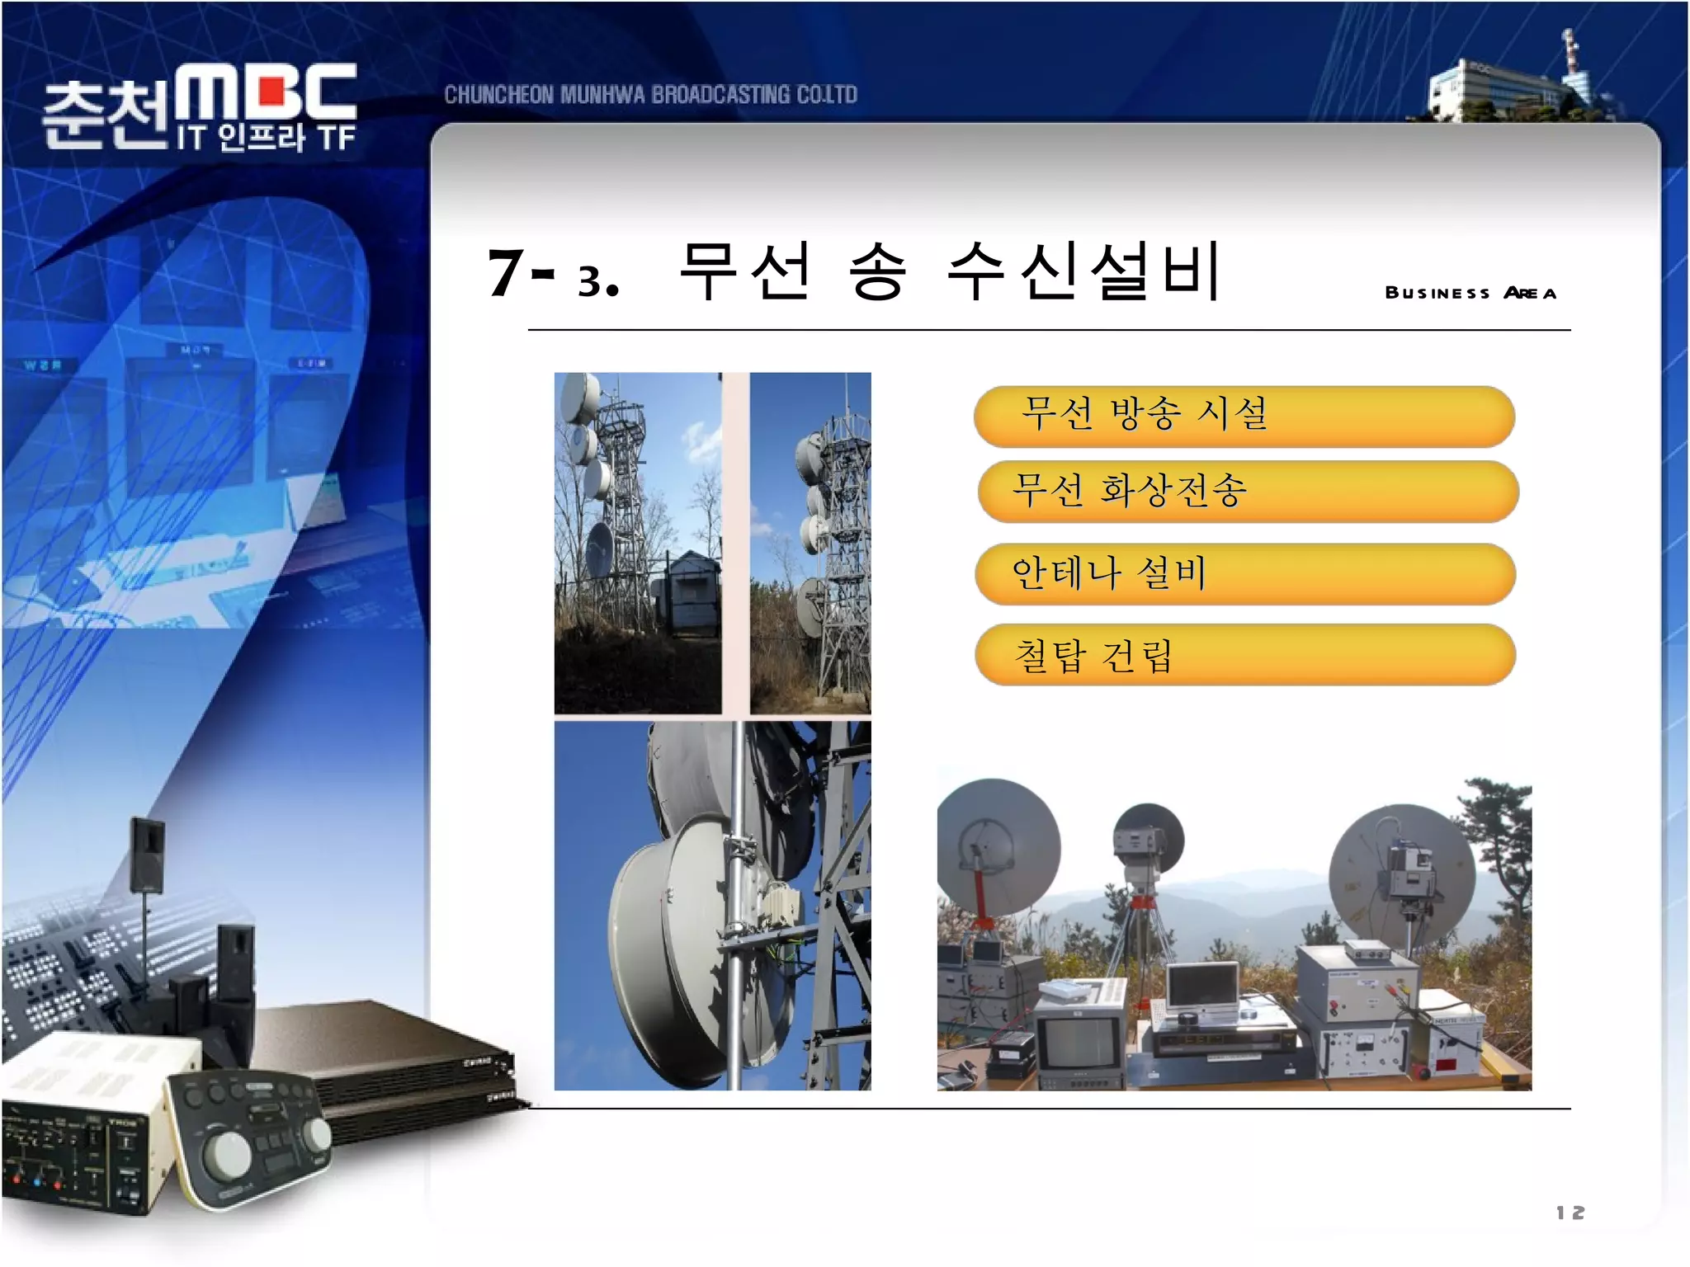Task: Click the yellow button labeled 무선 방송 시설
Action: (x=1244, y=416)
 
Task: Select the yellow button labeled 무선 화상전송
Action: (x=1247, y=492)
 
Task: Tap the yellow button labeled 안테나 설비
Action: (x=1244, y=573)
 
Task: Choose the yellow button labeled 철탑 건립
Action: (x=1244, y=655)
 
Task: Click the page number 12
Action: (x=1570, y=1213)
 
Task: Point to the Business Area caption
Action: (x=1470, y=293)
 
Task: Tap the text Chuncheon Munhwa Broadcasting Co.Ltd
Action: (x=650, y=95)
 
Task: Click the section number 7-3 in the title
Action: (x=552, y=274)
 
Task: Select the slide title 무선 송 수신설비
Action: (x=949, y=272)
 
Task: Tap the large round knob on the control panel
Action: (x=227, y=1153)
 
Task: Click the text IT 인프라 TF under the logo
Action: (x=266, y=138)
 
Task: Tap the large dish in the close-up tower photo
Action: (x=668, y=932)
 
